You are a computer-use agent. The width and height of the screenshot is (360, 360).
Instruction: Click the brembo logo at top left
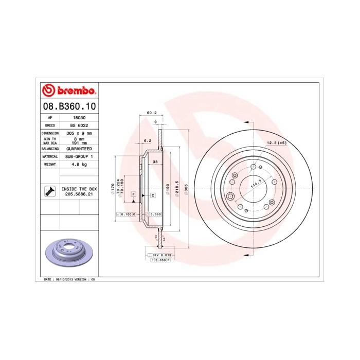[x=68, y=91]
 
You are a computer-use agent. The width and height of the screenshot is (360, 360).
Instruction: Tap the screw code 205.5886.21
[x=79, y=194]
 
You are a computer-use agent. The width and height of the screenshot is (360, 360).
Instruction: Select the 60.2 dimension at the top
[x=151, y=112]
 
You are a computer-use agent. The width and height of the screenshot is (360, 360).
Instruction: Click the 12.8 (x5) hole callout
[x=276, y=142]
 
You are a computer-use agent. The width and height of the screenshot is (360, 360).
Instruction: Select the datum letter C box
[x=153, y=196]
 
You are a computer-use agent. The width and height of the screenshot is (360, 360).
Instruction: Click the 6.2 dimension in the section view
[x=148, y=140]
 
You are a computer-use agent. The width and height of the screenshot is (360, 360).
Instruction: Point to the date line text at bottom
[x=70, y=279]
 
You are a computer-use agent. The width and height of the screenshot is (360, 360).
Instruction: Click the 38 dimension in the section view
[x=155, y=161]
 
